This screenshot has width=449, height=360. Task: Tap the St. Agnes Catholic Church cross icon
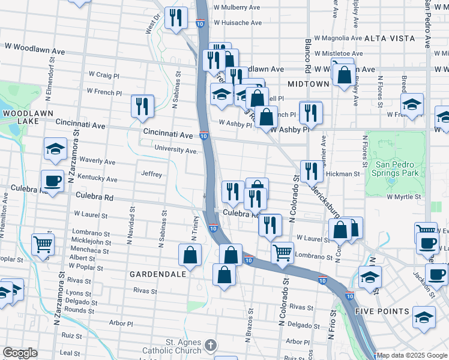tap(209, 345)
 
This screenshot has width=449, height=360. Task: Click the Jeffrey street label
tap(151, 174)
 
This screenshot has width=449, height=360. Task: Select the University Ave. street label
tap(176, 150)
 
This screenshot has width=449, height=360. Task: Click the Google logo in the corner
tap(20, 353)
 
